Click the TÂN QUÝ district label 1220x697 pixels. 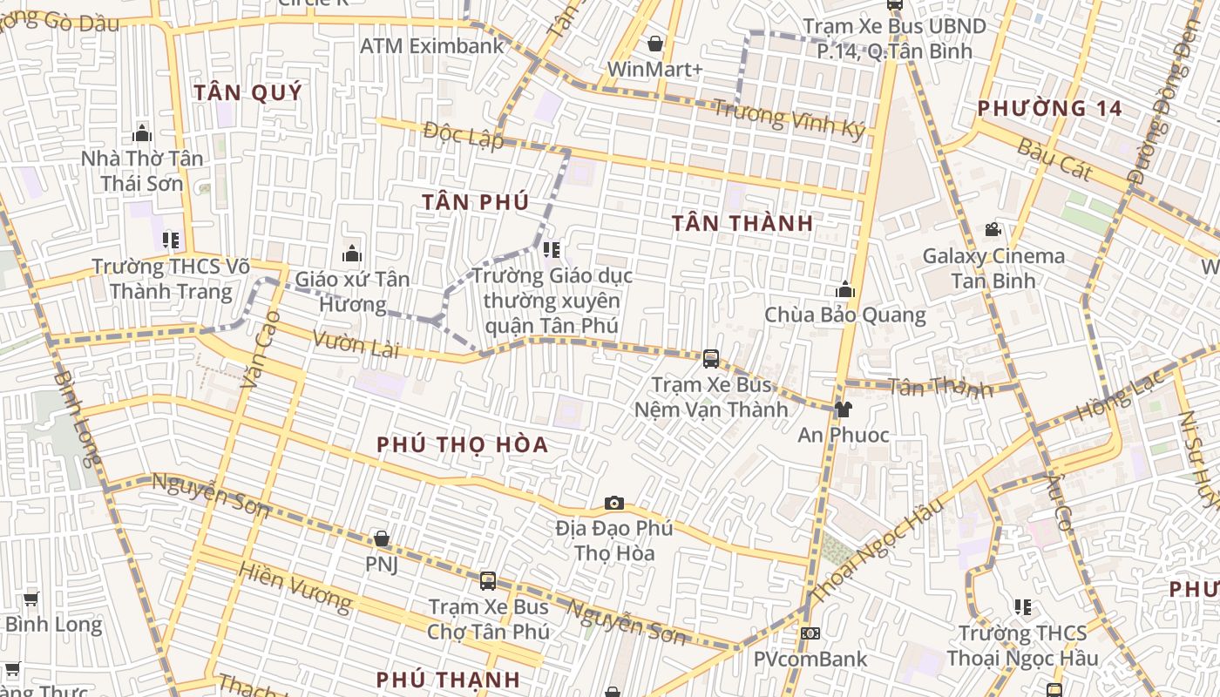pos(248,92)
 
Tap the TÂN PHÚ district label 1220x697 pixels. pos(476,202)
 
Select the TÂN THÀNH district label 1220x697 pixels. pos(743,223)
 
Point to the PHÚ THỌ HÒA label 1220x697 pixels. pos(463,444)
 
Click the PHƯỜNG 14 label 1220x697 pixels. pos(1048,109)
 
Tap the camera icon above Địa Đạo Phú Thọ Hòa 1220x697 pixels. pos(614,504)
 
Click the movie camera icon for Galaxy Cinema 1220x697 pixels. pos(993,230)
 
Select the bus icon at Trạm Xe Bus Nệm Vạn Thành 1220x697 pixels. pos(711,358)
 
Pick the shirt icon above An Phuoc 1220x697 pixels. pos(843,409)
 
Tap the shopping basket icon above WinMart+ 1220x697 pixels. pos(655,44)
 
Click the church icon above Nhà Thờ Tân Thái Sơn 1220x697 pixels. pos(142,133)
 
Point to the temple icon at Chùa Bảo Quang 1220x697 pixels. pos(844,290)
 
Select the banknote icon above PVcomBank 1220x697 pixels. pos(810,633)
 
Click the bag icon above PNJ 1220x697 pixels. pos(381,538)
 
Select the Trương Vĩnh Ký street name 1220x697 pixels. pos(790,119)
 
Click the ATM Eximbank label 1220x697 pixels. pos(432,45)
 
